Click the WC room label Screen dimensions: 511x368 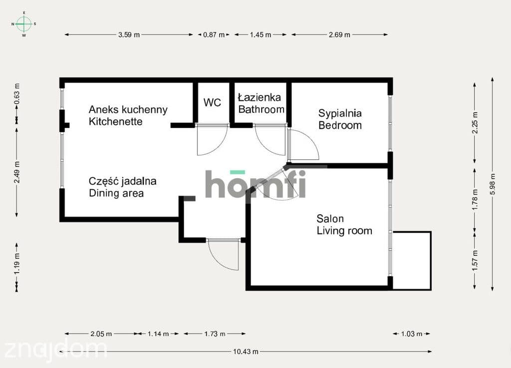[212, 102]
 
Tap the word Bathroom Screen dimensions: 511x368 [261, 109]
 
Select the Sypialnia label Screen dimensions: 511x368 [340, 113]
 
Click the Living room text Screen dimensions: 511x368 [344, 231]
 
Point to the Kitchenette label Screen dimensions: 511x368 [116, 121]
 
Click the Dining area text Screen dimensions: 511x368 [116, 193]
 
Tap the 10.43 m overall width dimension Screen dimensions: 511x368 [246, 352]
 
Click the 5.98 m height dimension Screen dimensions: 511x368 [493, 184]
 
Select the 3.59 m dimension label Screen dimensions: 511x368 [129, 34]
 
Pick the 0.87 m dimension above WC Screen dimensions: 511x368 [214, 34]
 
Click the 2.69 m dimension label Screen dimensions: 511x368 [339, 34]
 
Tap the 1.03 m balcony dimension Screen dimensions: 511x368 [412, 334]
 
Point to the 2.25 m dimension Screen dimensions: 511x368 [475, 122]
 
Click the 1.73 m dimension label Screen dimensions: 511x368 [215, 334]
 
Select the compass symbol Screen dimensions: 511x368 [24, 24]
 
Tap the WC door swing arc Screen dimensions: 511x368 [219, 147]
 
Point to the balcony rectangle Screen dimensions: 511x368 [412, 261]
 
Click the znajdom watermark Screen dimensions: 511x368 [55, 349]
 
